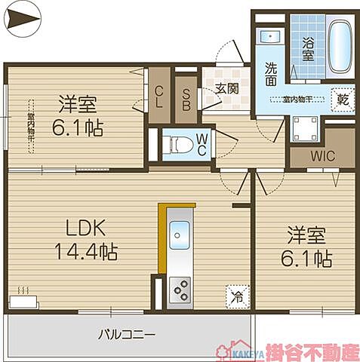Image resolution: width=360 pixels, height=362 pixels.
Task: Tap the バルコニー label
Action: pyautogui.click(x=126, y=333)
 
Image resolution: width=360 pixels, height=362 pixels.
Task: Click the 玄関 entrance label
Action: pyautogui.click(x=226, y=87)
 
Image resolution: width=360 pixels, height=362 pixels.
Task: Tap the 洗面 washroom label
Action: pyautogui.click(x=271, y=72)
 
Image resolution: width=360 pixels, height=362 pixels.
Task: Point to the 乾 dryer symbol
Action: pyautogui.click(x=342, y=99)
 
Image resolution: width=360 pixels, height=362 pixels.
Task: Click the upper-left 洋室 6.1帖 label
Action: pyautogui.click(x=75, y=113)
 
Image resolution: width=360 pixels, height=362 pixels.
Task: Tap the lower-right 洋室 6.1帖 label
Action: pyautogui.click(x=305, y=247)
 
